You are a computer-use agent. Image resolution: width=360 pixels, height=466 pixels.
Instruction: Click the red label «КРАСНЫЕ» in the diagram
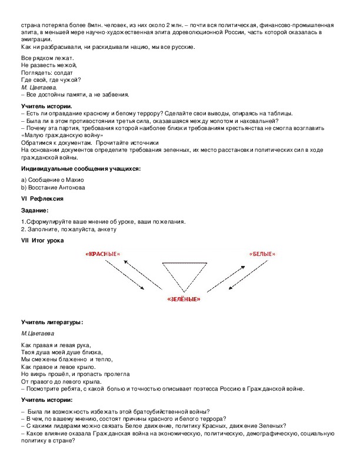coord(103,254)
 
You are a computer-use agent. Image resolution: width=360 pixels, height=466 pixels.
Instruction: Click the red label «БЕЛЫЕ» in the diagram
coord(262,254)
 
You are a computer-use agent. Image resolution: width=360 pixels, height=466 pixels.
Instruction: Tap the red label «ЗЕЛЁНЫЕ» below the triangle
coord(183,299)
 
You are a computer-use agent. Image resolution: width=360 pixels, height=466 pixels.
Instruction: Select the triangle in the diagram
coord(182,275)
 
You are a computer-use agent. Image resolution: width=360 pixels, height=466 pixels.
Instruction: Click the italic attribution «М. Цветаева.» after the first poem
coord(35,87)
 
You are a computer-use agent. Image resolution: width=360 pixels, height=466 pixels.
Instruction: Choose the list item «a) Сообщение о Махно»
coord(54,179)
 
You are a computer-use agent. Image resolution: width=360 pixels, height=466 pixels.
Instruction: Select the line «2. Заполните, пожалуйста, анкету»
coord(68,229)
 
